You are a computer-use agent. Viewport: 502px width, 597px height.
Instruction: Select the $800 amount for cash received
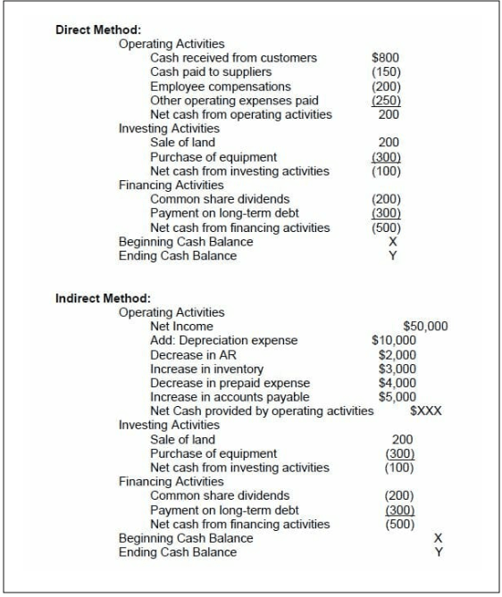coord(385,58)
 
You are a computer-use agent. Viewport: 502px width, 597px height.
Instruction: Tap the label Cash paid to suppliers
coord(211,72)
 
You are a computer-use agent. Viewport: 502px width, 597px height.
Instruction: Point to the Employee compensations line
coord(220,87)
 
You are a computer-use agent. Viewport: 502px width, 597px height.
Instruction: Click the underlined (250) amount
coord(386,101)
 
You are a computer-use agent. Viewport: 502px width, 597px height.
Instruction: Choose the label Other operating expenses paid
coord(234,101)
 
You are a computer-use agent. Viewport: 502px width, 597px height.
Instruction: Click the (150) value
coord(386,72)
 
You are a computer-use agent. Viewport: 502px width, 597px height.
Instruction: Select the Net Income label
coord(181,327)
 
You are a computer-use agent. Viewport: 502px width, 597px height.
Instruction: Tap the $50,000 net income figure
coord(425,327)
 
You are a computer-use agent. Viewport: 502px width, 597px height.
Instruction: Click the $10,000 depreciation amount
coord(394,341)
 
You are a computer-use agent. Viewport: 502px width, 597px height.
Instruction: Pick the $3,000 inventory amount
coord(397,369)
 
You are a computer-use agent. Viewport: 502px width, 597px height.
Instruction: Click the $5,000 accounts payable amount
coord(397,397)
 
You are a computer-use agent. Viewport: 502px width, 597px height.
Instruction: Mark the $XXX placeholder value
coord(425,411)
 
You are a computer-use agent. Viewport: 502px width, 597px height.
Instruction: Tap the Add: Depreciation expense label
coord(223,341)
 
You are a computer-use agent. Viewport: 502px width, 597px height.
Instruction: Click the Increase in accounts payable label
coord(230,397)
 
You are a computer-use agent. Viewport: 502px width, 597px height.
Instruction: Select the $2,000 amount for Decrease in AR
coord(397,355)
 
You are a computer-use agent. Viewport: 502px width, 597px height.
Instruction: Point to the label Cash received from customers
coord(233,58)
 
